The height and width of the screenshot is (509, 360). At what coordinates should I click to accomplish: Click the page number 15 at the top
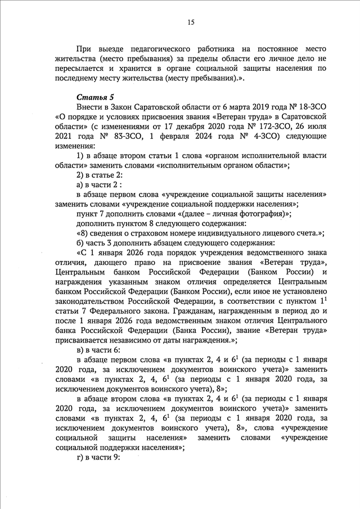tap(191, 22)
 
